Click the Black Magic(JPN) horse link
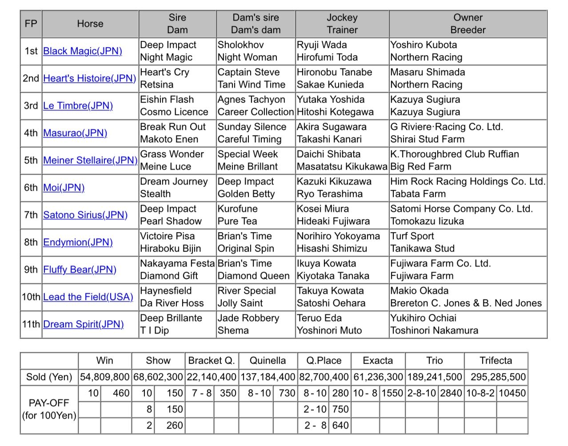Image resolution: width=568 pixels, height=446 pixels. click(x=83, y=51)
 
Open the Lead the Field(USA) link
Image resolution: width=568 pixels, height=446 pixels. click(x=88, y=297)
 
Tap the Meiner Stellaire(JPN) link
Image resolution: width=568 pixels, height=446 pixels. click(x=90, y=161)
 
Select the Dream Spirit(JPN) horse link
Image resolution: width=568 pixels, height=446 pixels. click(x=84, y=324)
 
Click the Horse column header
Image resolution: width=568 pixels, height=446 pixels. click(x=90, y=24)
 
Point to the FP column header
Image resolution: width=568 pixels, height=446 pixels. click(x=31, y=24)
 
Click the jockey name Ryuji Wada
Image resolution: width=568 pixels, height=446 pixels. click(x=322, y=45)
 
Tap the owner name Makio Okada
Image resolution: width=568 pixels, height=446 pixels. click(x=419, y=291)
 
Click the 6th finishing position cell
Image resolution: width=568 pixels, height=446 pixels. click(x=31, y=188)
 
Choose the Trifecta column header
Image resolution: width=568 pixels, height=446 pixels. click(x=496, y=361)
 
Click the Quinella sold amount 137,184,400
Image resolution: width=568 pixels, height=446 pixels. click(x=268, y=377)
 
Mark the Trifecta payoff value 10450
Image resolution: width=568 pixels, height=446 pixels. click(x=512, y=393)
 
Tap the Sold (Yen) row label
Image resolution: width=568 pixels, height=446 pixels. click(x=49, y=377)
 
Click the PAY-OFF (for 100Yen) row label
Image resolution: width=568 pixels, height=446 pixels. click(x=49, y=409)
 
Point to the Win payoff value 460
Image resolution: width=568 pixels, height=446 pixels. click(x=121, y=393)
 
